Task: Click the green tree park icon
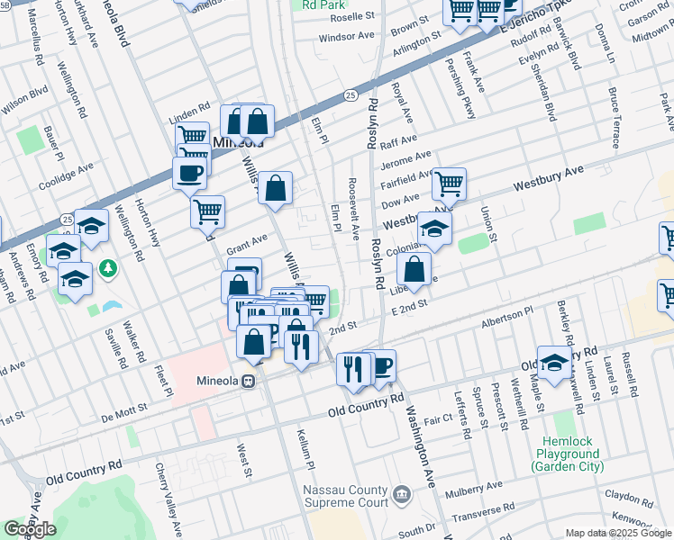108,268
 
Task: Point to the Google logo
29,529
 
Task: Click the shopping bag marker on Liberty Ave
414,269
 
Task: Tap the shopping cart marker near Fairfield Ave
449,184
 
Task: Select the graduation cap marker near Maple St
554,363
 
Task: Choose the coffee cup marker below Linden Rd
189,173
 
